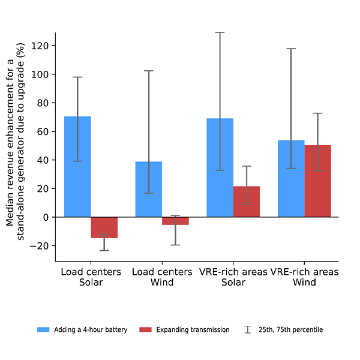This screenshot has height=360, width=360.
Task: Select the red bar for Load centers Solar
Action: (104, 227)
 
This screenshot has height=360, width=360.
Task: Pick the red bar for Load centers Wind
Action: (175, 221)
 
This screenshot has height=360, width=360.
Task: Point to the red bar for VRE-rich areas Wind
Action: (318, 181)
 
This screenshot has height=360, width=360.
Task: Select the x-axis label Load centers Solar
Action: (91, 277)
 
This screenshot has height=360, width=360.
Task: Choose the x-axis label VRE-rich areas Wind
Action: (305, 277)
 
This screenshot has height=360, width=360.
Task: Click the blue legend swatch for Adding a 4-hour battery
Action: (44, 329)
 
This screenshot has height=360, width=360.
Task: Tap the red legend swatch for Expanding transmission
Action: (146, 329)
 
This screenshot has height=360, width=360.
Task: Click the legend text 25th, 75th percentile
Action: (290, 329)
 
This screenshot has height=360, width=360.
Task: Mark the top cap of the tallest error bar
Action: (220, 32)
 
